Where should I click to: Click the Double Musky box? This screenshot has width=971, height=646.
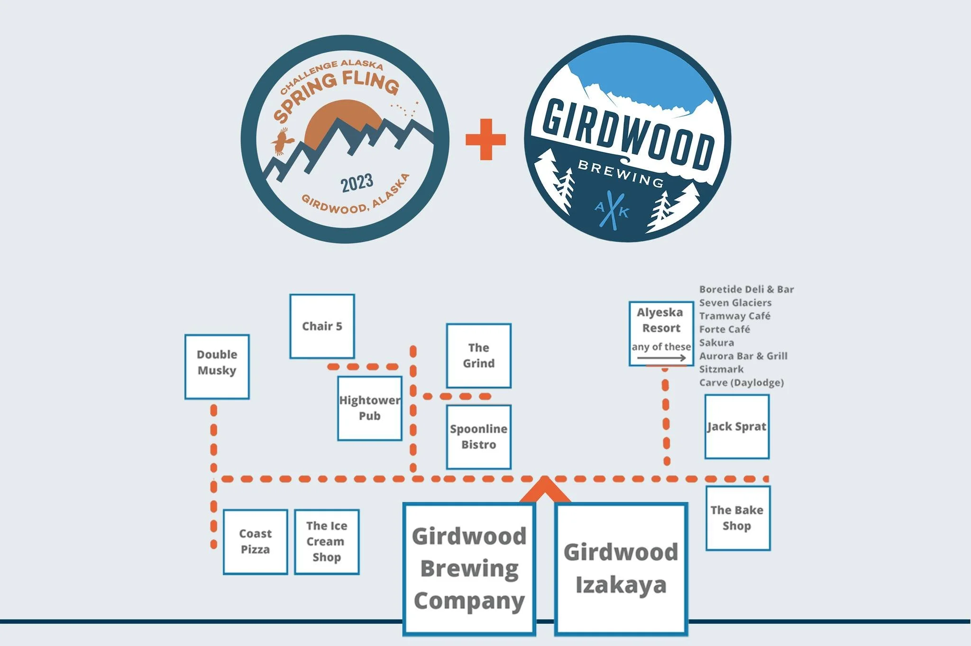pyautogui.click(x=217, y=366)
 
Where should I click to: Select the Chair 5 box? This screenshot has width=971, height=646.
pyautogui.click(x=322, y=326)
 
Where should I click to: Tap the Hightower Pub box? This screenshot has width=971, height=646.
pyautogui.click(x=370, y=408)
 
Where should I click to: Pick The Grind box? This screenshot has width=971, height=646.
pyautogui.click(x=478, y=355)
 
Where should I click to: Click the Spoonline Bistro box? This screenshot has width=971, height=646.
pyautogui.click(x=478, y=437)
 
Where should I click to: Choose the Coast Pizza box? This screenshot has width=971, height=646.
pyautogui.click(x=255, y=542)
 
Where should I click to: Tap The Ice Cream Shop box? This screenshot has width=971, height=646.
pyautogui.click(x=327, y=542)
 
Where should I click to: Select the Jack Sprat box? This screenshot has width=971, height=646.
pyautogui.click(x=737, y=427)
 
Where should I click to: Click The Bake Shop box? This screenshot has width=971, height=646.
pyautogui.click(x=737, y=518)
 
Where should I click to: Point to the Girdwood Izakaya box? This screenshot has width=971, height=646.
pyautogui.click(x=621, y=569)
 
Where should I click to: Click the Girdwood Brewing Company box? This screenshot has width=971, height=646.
pyautogui.click(x=469, y=569)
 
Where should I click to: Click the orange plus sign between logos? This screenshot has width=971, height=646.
pyautogui.click(x=485, y=139)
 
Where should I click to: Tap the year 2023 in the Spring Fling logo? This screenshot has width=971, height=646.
pyautogui.click(x=357, y=183)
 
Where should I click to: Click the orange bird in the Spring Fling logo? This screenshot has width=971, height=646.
pyautogui.click(x=282, y=141)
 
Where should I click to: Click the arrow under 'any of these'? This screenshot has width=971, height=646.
pyautogui.click(x=661, y=358)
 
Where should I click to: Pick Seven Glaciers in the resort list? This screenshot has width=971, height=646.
pyautogui.click(x=735, y=303)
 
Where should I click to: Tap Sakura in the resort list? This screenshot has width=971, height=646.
pyautogui.click(x=716, y=343)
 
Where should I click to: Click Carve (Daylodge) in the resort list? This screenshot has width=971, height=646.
pyautogui.click(x=741, y=382)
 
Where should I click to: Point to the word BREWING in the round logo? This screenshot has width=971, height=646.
pyautogui.click(x=620, y=173)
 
